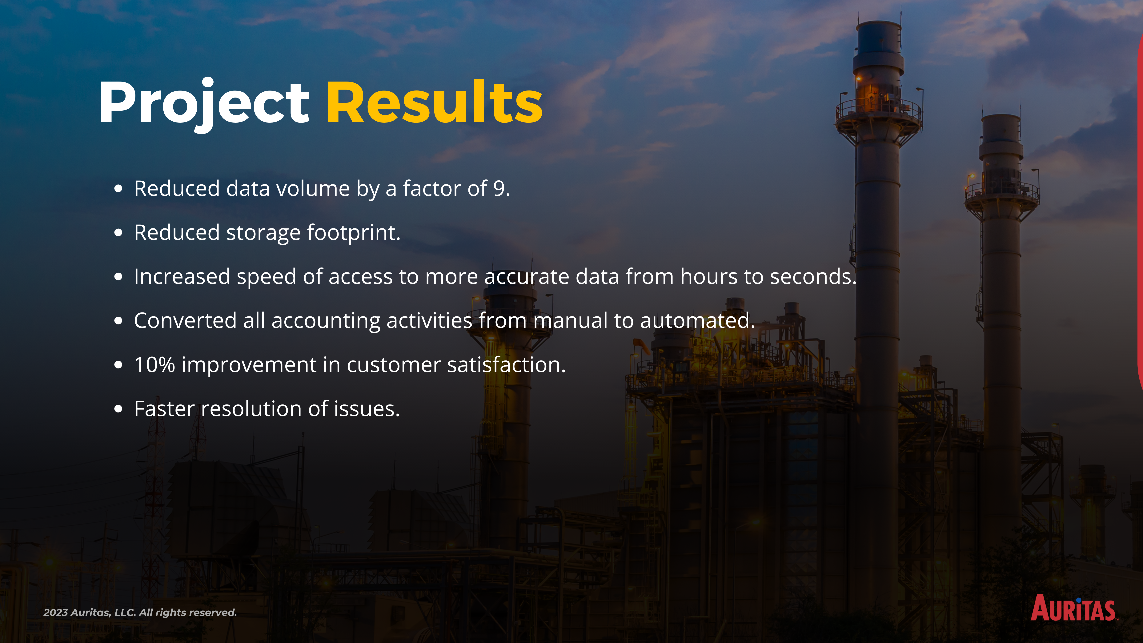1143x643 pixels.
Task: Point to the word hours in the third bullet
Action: [x=709, y=276]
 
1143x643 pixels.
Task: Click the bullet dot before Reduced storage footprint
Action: [x=118, y=232]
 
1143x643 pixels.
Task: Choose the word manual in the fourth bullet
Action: [x=570, y=320]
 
